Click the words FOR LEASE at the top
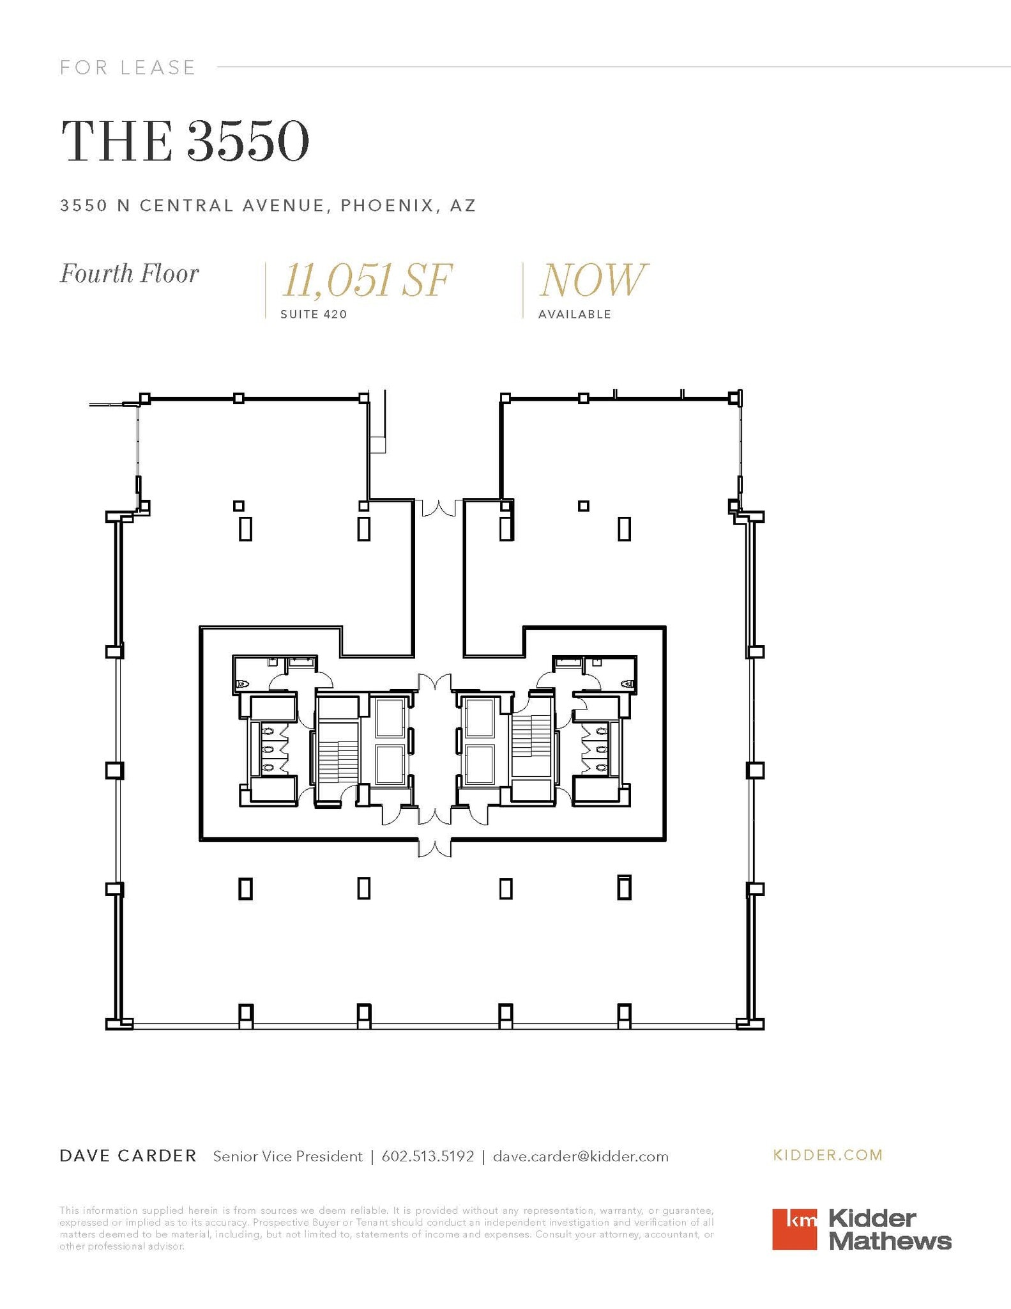(128, 67)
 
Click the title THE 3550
(185, 141)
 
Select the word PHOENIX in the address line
(381, 205)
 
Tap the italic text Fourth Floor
(130, 274)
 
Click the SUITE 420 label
(314, 314)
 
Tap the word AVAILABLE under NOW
(574, 314)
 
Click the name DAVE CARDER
(128, 1156)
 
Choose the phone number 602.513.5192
(428, 1156)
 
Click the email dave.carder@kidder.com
(581, 1156)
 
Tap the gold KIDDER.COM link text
(828, 1155)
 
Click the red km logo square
(794, 1228)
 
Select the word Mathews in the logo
(890, 1241)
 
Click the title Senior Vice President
(287, 1156)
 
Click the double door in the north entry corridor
(438, 508)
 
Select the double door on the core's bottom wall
(434, 848)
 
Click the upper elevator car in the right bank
(479, 717)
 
